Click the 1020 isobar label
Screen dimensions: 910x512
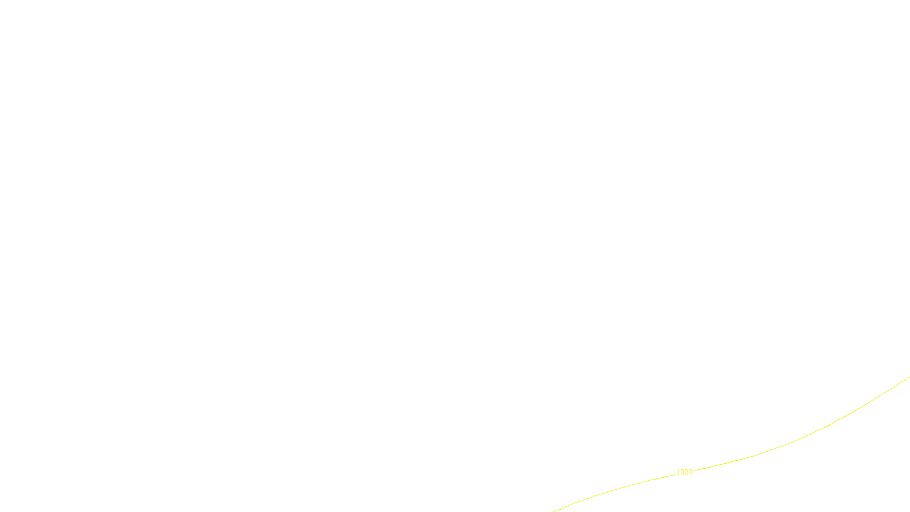click(x=684, y=472)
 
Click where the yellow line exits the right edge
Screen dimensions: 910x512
click(x=909, y=377)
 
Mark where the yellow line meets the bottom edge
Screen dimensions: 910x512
click(x=554, y=511)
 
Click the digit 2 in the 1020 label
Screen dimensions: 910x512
click(x=686, y=472)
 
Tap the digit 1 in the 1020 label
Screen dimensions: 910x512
click(x=678, y=472)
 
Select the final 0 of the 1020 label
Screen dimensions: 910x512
click(x=690, y=472)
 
